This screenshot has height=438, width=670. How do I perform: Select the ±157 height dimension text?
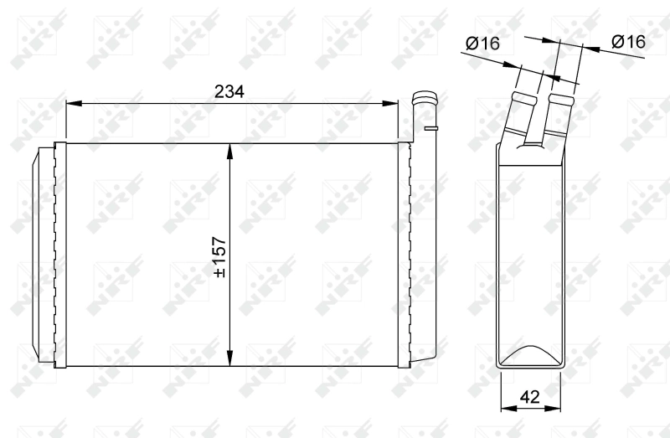(219, 255)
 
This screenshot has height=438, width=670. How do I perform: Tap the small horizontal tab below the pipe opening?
(431, 129)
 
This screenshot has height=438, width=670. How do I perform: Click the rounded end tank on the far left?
(43, 255)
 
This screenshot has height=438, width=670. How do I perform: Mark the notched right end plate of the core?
(405, 255)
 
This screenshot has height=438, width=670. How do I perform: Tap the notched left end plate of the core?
(59, 255)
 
